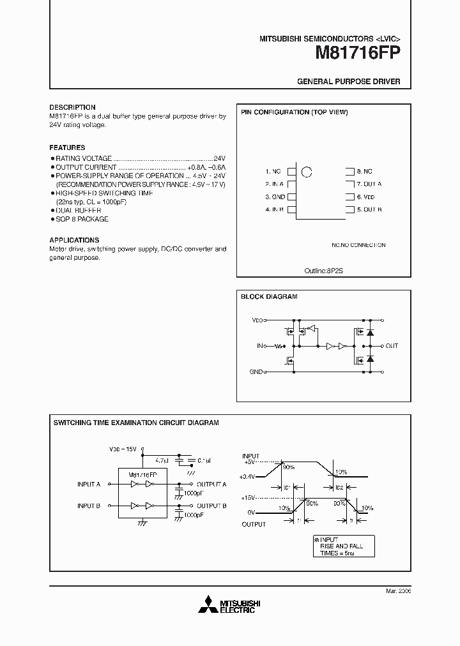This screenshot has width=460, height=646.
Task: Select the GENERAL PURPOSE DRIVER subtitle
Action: [349, 82]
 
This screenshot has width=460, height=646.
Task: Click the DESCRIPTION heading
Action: [72, 107]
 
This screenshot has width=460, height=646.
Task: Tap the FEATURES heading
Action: [67, 147]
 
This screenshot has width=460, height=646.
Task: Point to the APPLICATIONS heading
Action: [74, 240]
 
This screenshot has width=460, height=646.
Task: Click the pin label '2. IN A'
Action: [274, 184]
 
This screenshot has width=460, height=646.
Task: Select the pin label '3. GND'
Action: [275, 197]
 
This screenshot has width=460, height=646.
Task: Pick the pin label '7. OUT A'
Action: [369, 184]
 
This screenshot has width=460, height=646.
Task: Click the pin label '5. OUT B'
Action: [369, 209]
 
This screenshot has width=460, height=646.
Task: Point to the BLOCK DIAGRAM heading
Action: [268, 296]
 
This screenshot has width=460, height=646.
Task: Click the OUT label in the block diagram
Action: [392, 345]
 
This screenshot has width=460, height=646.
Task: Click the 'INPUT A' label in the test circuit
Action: [89, 484]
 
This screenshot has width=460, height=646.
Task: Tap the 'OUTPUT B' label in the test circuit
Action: [211, 506]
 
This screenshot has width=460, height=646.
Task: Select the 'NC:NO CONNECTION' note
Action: [358, 244]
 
